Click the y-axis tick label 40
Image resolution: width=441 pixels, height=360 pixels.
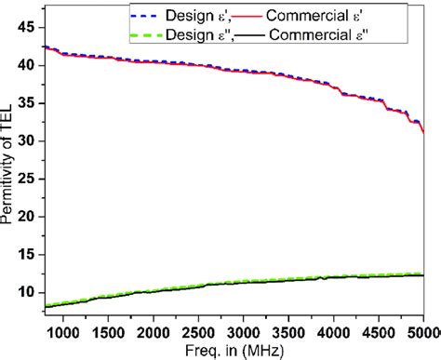[x=28, y=65]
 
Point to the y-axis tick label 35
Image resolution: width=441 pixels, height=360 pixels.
[x=28, y=103]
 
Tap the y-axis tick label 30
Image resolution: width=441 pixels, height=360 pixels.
[x=28, y=141]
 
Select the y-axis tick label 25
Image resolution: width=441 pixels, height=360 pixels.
[x=28, y=180]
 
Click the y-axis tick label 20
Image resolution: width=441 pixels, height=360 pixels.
[x=28, y=217]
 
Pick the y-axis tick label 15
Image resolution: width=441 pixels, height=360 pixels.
[x=28, y=255]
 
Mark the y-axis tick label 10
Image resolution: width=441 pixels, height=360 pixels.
[x=28, y=292]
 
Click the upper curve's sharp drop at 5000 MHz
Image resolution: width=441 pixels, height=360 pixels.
[x=422, y=128]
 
